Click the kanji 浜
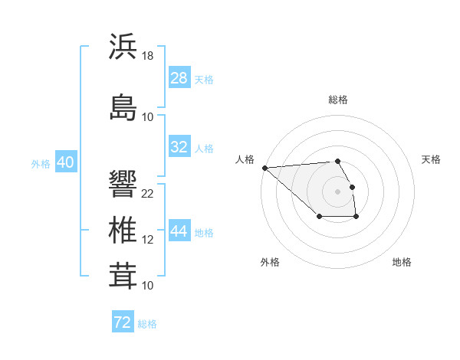pos(123,47)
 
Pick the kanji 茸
pos(123,276)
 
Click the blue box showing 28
pos(179,78)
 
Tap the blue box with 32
pos(179,147)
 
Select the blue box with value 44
pos(179,231)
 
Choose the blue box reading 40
pos(65,162)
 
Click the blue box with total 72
pos(123,322)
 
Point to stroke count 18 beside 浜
pos(148,55)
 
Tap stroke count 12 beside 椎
pos(148,240)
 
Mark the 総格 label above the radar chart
pos(337,100)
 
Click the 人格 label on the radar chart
pos(245,159)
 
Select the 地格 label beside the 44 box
pos(204,232)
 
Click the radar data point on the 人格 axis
pos(264,168)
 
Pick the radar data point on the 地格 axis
pos(356,218)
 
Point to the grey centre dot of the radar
pos(337,191)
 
